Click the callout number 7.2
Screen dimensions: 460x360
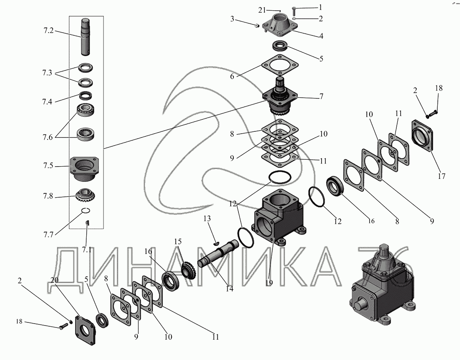pyautogui.click(x=48, y=31)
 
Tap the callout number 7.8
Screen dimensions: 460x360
pyautogui.click(x=48, y=196)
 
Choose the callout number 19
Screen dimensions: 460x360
pyautogui.click(x=269, y=283)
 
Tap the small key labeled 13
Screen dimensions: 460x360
pyautogui.click(x=216, y=244)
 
